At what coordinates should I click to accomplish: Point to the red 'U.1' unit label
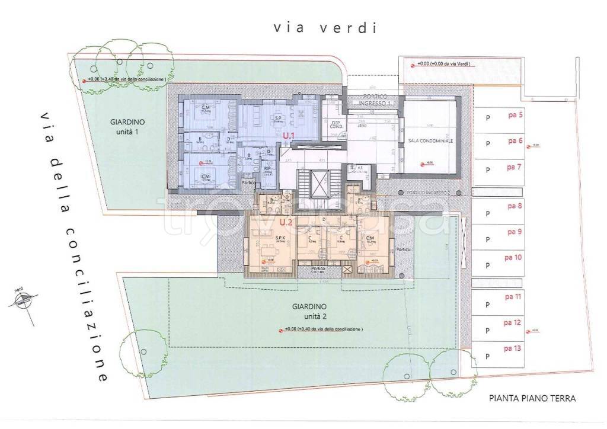pos(289,136)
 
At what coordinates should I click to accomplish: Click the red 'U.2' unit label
pos(286,223)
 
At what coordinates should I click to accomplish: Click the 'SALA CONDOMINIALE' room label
pos(430,142)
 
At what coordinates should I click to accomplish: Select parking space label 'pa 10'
pos(513,258)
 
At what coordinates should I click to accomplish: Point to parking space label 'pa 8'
pos(514,206)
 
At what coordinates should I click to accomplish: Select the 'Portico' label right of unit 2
pos(404,249)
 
